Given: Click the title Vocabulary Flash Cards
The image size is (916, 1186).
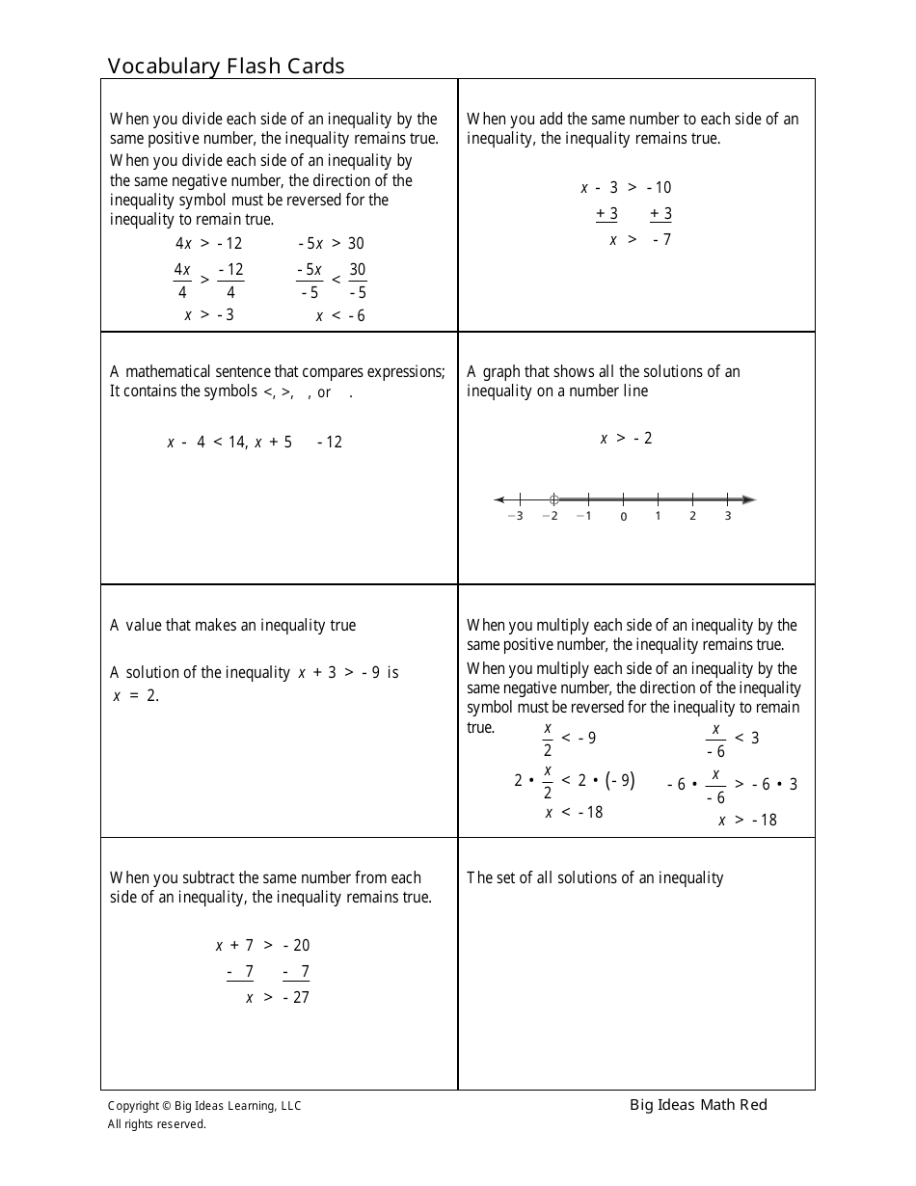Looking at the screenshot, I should [226, 67].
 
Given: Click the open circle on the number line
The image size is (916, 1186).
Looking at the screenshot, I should [553, 499].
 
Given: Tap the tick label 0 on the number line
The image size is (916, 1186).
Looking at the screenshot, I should [623, 517].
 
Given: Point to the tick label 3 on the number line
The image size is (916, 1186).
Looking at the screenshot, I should [727, 516].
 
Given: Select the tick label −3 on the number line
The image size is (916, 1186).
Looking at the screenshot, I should [515, 516].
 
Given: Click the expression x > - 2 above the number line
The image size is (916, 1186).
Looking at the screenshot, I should [627, 439].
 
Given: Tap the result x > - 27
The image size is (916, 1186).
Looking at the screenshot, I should [278, 998].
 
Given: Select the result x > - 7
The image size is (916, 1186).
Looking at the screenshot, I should [640, 240].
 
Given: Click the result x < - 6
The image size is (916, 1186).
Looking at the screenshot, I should [340, 316].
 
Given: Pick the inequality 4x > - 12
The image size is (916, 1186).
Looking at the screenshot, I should [208, 244].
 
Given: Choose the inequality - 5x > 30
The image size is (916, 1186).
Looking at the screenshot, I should [331, 244].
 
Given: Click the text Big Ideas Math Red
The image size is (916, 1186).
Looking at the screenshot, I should [698, 1105].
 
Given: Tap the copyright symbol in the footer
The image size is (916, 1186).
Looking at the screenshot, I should [166, 1106].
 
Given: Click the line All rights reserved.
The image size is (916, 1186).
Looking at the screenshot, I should [156, 1123].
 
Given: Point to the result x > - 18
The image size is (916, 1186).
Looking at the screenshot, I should [747, 821].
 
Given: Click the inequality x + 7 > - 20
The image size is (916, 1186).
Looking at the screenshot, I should [262, 946].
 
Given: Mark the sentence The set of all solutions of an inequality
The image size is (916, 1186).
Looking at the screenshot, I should [595, 877].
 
